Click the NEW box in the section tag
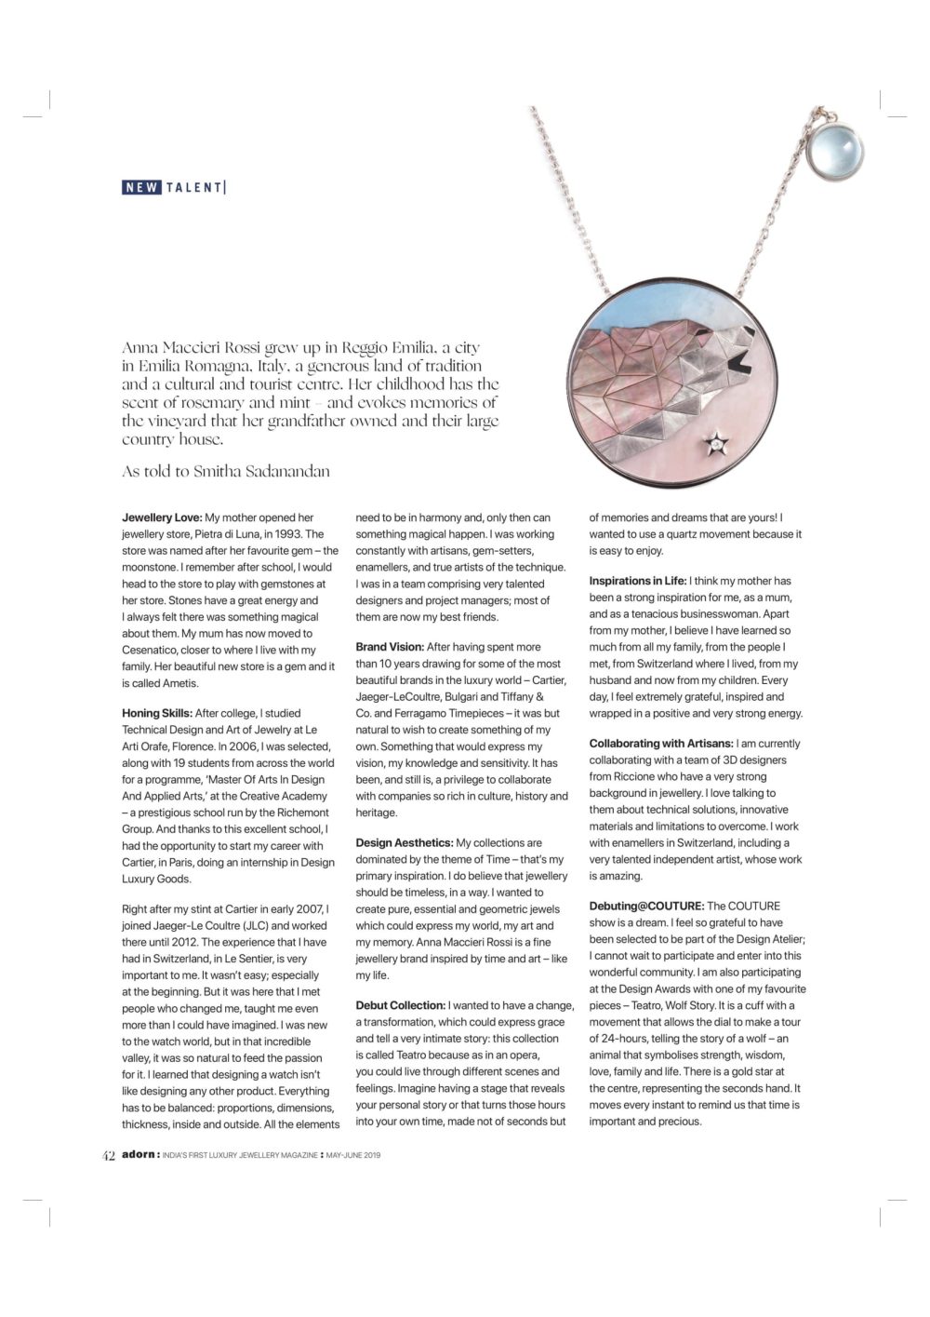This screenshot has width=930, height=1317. tap(142, 187)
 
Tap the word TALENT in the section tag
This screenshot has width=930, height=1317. tap(193, 187)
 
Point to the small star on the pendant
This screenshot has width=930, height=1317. tap(717, 444)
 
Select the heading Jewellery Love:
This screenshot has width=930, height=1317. tap(162, 517)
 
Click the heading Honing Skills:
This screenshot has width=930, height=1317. tap(157, 713)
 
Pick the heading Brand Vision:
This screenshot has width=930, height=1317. tap(390, 647)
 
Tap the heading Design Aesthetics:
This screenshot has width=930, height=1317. tap(405, 842)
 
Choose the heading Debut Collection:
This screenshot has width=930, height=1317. tap(401, 1005)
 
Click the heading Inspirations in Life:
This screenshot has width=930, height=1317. tap(638, 581)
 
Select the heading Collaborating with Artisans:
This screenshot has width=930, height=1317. tap(660, 744)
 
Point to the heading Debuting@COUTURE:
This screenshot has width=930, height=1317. tap(646, 906)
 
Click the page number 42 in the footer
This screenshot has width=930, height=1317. tap(108, 1156)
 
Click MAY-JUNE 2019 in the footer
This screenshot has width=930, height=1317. tap(355, 1156)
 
